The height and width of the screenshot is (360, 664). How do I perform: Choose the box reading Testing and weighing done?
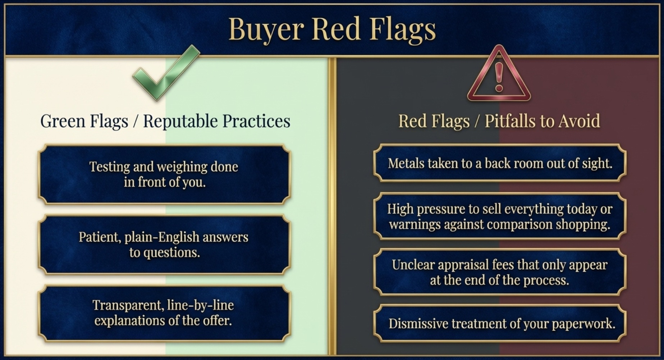click(164, 174)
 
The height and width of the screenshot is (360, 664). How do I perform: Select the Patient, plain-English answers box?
click(164, 245)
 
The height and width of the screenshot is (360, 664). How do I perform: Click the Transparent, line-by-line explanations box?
click(164, 313)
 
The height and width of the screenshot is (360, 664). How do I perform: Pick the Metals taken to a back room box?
click(500, 163)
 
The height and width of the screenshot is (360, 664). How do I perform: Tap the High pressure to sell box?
click(500, 217)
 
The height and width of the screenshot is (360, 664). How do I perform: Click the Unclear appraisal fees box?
click(500, 272)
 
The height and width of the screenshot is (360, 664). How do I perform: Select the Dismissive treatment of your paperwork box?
click(500, 324)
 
